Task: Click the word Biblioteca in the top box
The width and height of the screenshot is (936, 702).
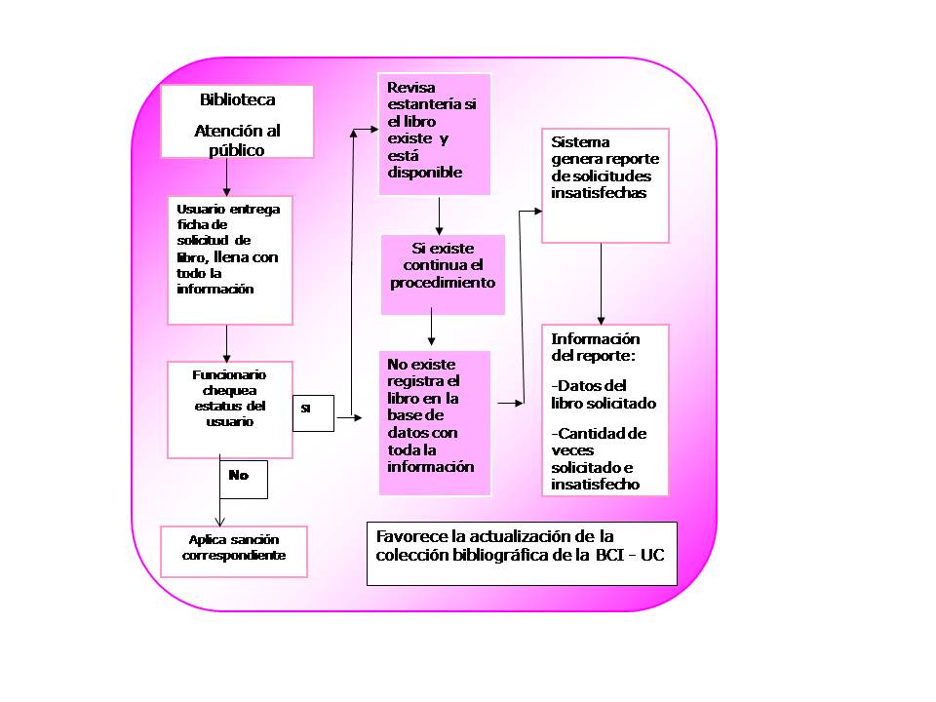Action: [238, 99]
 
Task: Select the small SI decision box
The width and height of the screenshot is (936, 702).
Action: [313, 413]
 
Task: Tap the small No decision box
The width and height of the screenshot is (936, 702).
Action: [244, 480]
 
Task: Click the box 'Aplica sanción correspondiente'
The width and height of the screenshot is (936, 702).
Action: [234, 552]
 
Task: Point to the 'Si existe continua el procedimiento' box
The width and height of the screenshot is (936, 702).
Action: [443, 275]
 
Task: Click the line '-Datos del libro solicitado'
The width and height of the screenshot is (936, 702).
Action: [604, 395]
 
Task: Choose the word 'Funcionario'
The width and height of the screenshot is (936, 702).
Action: [229, 374]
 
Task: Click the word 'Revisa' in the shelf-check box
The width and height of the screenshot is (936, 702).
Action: [411, 88]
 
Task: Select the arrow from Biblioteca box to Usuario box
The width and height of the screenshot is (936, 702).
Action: [227, 177]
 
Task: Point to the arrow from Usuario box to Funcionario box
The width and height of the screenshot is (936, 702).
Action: [227, 343]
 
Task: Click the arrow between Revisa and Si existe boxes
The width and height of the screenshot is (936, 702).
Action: [440, 216]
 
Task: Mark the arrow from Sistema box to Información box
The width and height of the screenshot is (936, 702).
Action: [602, 284]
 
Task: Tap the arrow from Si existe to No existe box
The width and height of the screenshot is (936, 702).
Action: [431, 326]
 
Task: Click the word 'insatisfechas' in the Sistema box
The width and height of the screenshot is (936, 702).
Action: [599, 193]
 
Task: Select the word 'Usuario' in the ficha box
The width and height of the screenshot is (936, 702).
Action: [201, 209]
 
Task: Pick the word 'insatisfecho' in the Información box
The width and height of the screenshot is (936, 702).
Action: [595, 485]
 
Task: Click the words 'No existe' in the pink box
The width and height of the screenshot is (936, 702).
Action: [421, 364]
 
